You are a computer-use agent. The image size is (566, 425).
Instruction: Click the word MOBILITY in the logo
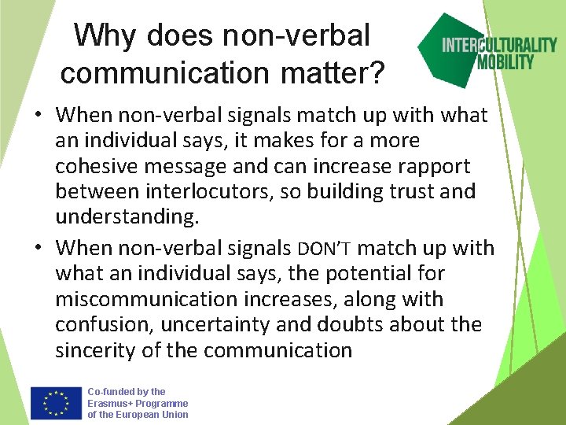[505, 61]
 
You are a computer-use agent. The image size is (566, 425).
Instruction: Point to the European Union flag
[56, 403]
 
